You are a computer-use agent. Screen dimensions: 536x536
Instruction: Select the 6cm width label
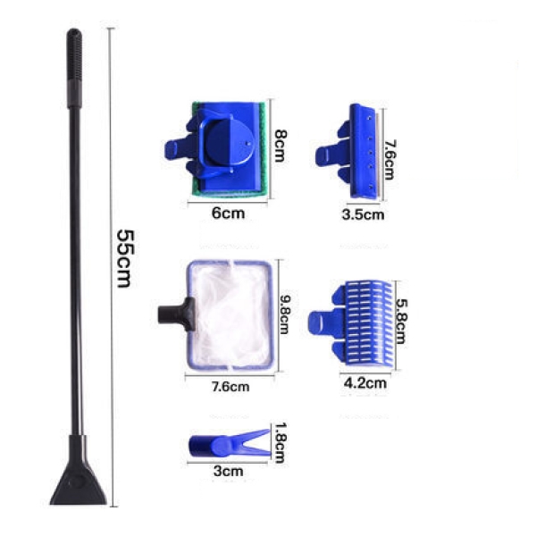pyautogui.click(x=227, y=213)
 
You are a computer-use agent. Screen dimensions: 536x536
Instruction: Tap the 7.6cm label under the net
pyautogui.click(x=230, y=386)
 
